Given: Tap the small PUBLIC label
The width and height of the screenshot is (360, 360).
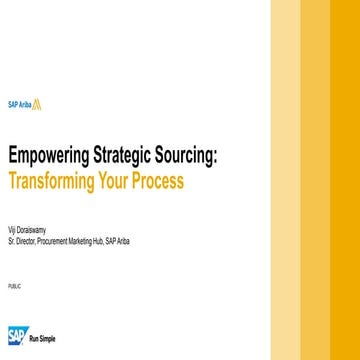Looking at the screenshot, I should tap(12, 285).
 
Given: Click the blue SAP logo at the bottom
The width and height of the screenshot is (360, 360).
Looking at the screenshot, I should tap(17, 335).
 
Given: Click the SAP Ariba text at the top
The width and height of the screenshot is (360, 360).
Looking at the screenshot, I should tap(20, 103).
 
